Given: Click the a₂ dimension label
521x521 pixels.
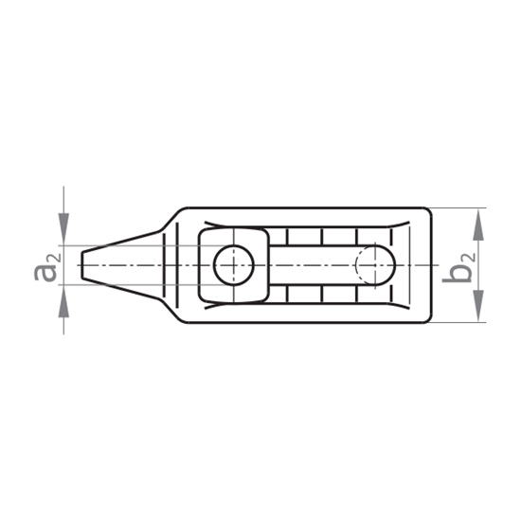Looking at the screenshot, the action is coord(48,267).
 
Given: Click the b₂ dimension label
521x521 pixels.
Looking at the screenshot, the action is coord(458,267).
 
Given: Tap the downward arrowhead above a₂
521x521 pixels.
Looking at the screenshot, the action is coord(63,225).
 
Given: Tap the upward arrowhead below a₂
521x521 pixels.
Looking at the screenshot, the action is coord(63,306).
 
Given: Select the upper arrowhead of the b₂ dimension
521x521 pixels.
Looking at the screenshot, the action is coord(478,225).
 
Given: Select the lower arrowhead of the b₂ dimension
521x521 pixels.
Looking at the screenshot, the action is coord(478,306).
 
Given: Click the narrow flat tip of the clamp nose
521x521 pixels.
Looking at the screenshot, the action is coord(82,265).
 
